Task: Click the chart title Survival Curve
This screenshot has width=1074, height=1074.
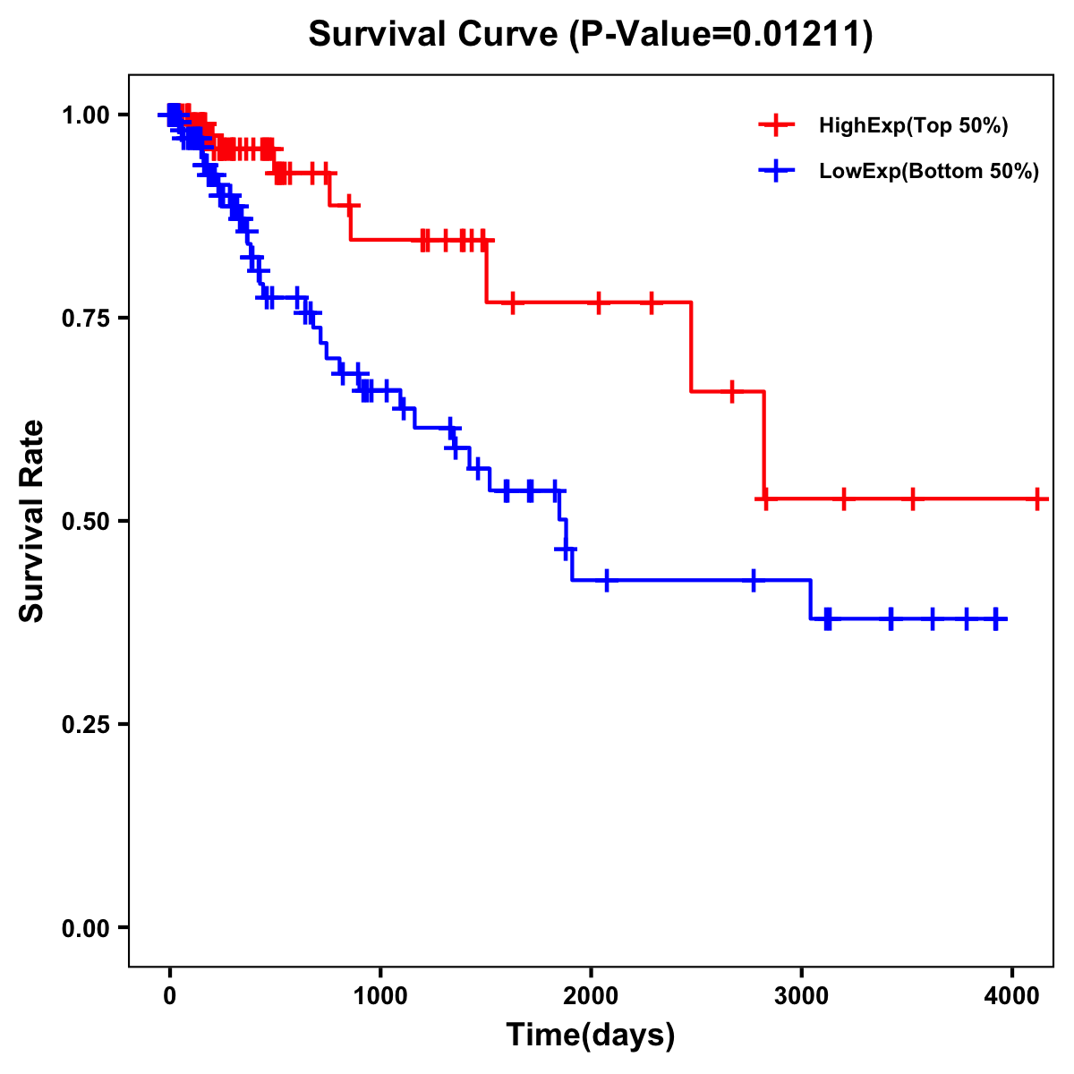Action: tap(590, 34)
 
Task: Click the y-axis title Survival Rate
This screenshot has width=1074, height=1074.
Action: tap(32, 520)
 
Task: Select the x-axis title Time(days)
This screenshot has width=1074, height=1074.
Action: tap(590, 1035)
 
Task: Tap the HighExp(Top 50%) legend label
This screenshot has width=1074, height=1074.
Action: tap(913, 126)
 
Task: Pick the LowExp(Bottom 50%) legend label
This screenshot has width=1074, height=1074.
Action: tap(929, 172)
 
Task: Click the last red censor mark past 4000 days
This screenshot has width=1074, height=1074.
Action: tap(1036, 499)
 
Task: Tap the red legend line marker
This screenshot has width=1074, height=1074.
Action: tap(776, 126)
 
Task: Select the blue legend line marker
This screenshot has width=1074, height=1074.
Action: tap(776, 172)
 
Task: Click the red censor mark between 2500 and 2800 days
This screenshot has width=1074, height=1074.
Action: tap(732, 392)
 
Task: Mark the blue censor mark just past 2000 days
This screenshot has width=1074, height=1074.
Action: tap(607, 580)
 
